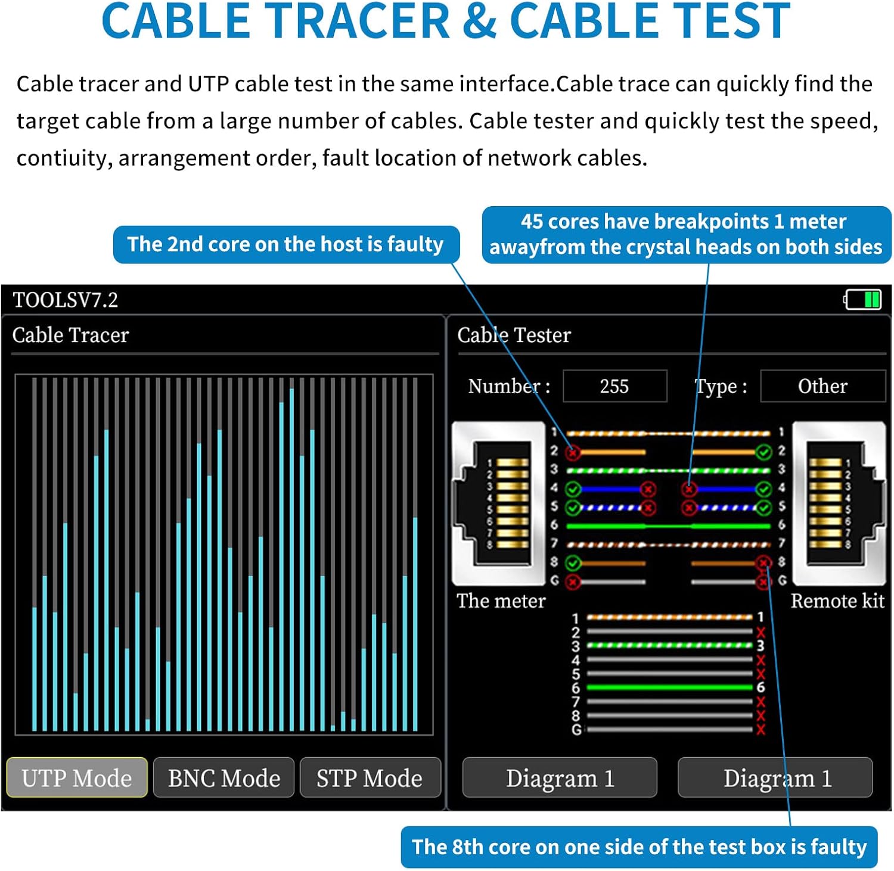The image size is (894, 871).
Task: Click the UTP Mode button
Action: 77,777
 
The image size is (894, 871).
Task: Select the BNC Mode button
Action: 223,777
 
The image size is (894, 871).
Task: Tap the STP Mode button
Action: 370,777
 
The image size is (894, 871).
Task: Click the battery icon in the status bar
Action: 863,299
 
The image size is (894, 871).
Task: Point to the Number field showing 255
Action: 614,386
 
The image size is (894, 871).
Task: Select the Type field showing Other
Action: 822,386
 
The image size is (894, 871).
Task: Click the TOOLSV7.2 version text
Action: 66,300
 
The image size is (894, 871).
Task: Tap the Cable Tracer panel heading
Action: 70,335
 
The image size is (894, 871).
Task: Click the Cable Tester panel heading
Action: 514,335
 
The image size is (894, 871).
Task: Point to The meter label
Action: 501,601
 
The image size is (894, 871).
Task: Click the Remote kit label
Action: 837,601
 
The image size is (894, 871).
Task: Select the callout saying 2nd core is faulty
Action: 286,244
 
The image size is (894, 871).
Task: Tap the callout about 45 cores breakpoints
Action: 685,234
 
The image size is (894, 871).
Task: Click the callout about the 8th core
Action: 639,847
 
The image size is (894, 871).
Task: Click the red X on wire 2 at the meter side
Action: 573,452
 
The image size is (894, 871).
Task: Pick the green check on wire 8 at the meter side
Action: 573,562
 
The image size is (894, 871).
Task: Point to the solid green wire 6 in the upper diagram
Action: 668,526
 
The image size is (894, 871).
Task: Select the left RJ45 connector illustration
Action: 499,503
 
